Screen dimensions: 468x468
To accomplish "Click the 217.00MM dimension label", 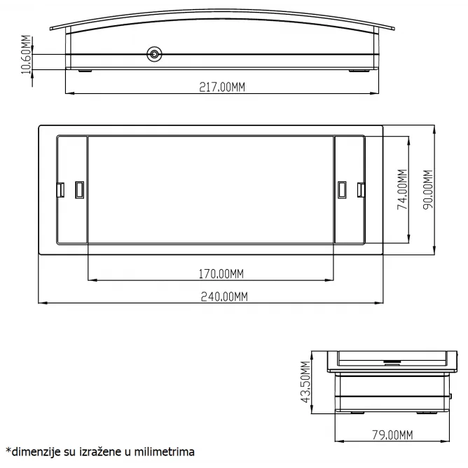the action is coord(222,87).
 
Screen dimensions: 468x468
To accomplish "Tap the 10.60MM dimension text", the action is coord(26,55).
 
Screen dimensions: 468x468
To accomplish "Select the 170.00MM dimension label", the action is coord(221,274).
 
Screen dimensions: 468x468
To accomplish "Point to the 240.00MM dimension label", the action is coord(224,296).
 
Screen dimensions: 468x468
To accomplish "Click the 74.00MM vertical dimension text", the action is coord(402,190).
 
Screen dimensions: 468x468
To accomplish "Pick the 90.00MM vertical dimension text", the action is coord(428,190).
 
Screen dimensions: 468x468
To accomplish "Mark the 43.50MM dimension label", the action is coord(305,382).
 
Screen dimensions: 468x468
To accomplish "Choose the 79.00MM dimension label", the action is coord(392,435).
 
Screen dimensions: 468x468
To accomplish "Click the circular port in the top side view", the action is coord(154,55).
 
